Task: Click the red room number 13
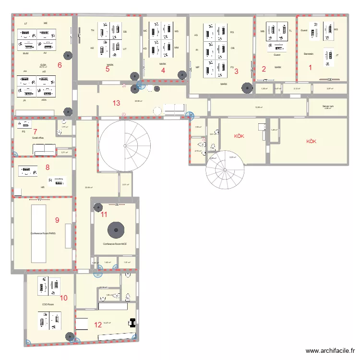point(116,103)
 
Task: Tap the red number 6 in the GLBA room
point(60,65)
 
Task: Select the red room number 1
point(310,68)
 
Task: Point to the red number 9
point(57,220)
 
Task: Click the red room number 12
point(98,324)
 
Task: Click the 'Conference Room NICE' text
point(115,244)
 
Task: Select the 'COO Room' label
point(48,304)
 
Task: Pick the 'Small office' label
point(38,137)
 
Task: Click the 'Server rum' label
point(328,106)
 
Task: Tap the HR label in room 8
point(43,187)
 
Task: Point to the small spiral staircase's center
point(224,169)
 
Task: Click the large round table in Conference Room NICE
point(116,229)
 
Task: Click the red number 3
point(236,72)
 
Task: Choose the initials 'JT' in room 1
point(337,56)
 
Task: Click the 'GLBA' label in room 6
point(43,64)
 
